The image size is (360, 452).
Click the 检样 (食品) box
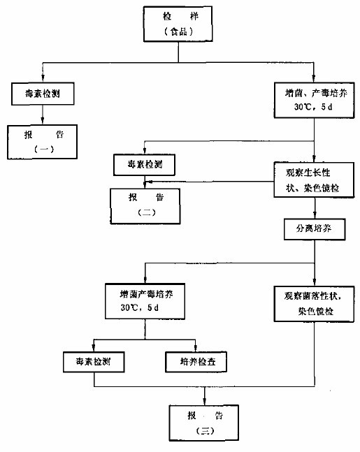(178, 24)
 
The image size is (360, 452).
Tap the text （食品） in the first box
(178, 31)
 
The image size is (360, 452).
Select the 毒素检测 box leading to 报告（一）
(43, 94)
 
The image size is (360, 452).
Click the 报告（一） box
(43, 142)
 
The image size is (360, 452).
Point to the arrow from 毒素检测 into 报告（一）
(43, 115)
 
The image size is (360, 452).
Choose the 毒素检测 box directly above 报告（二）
(144, 165)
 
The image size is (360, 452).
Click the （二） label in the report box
(147, 213)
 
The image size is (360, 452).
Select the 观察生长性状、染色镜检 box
(314, 180)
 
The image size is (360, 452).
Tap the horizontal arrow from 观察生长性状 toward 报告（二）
(209, 182)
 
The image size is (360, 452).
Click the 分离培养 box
(315, 229)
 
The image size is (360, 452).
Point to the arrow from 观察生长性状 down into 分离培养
(315, 208)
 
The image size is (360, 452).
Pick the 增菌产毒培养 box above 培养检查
(145, 301)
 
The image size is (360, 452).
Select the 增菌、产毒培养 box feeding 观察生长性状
(314, 100)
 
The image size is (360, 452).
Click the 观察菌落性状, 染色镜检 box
(314, 304)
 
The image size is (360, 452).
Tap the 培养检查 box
(196, 362)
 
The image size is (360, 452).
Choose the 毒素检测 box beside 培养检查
(94, 362)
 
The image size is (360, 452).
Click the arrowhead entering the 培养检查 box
(196, 349)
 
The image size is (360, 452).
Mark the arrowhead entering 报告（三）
(205, 402)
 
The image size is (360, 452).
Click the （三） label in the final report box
(205, 431)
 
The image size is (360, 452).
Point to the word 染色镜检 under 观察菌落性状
(315, 312)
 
